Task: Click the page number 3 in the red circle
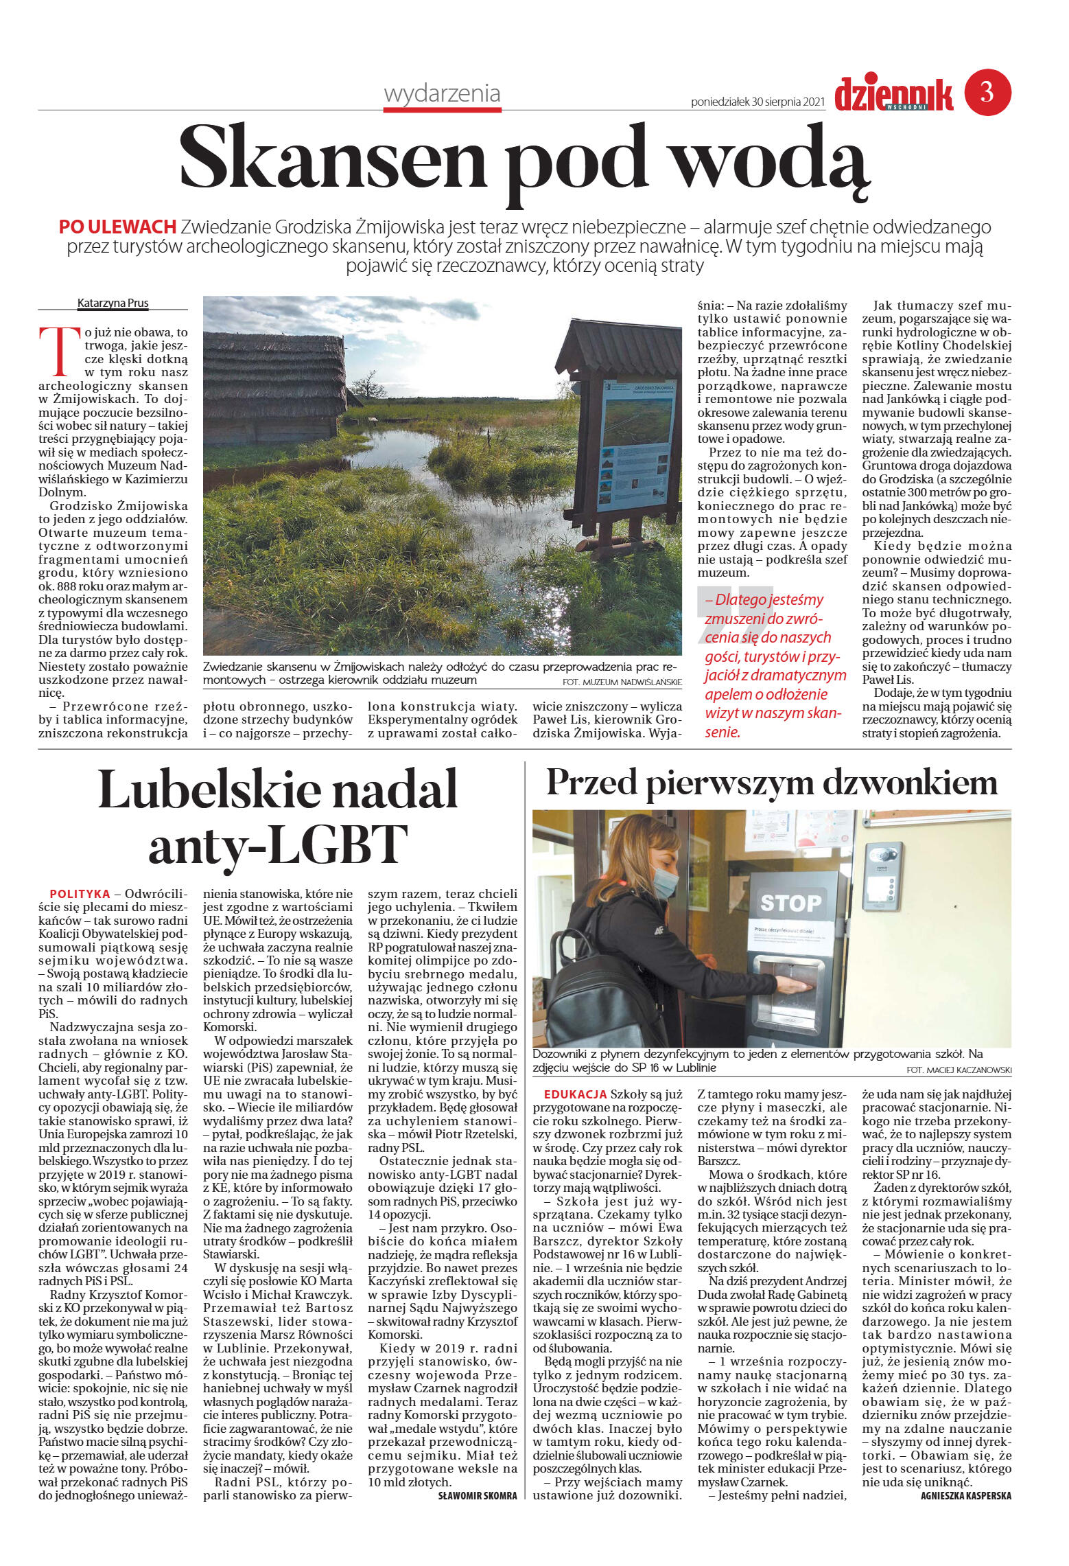point(987,92)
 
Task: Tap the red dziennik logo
point(893,95)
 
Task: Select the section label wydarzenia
point(442,93)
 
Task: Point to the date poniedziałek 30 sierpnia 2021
point(757,102)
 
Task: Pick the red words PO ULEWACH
point(117,227)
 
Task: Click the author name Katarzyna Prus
point(113,303)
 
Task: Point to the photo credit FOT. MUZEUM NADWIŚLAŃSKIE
point(622,682)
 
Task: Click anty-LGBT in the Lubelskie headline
point(278,844)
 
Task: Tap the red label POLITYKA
point(80,894)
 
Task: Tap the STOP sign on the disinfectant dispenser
point(790,902)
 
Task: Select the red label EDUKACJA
point(575,1094)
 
